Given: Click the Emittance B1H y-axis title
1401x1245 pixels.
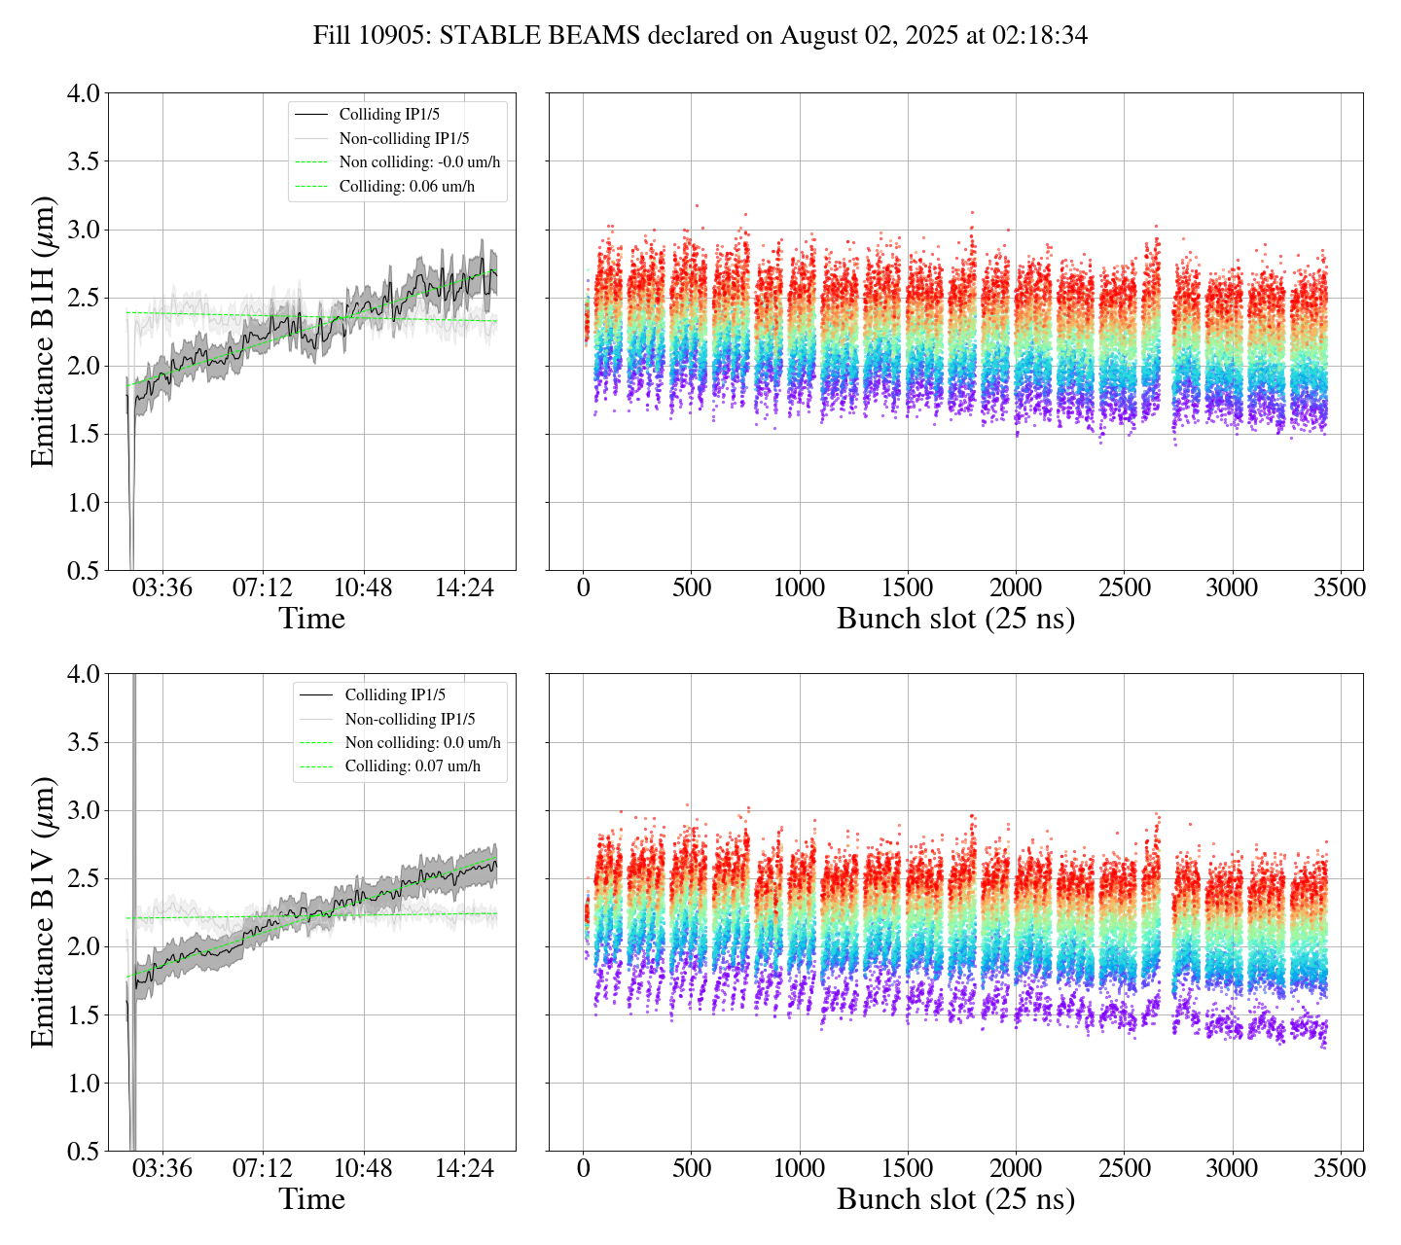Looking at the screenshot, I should coord(43,331).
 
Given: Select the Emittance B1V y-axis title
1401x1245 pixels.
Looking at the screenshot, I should coord(43,911).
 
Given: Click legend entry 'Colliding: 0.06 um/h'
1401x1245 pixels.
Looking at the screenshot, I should coord(407,186).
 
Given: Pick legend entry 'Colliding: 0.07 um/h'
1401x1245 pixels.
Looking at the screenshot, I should coord(413,766).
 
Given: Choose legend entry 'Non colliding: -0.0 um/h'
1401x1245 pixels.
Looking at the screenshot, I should coord(426,162).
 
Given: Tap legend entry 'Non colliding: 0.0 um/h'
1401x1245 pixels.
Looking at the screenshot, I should coord(422,743).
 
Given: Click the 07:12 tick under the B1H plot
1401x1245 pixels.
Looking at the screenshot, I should coord(263,588).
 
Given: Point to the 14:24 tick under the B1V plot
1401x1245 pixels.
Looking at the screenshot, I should coord(463,1168).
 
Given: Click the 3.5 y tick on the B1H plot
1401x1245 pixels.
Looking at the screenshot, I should coord(83,161).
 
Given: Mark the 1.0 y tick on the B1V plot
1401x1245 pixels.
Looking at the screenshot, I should coord(83,1084).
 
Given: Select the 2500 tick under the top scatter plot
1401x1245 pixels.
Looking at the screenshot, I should coord(1124,588).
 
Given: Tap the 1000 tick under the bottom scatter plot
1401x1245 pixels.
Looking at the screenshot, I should coord(799,1168).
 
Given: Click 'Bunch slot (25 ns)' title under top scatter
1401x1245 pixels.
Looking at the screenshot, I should coord(955,619).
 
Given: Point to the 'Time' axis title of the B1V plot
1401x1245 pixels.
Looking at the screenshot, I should coord(311,1199).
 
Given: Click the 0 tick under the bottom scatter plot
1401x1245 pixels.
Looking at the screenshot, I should coord(583,1168).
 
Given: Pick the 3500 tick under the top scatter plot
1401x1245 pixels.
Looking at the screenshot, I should coord(1340,588).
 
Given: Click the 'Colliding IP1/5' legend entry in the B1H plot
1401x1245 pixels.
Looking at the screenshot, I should coord(389,115).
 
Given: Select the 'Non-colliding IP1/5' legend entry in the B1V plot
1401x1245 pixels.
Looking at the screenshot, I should coord(410,720).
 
